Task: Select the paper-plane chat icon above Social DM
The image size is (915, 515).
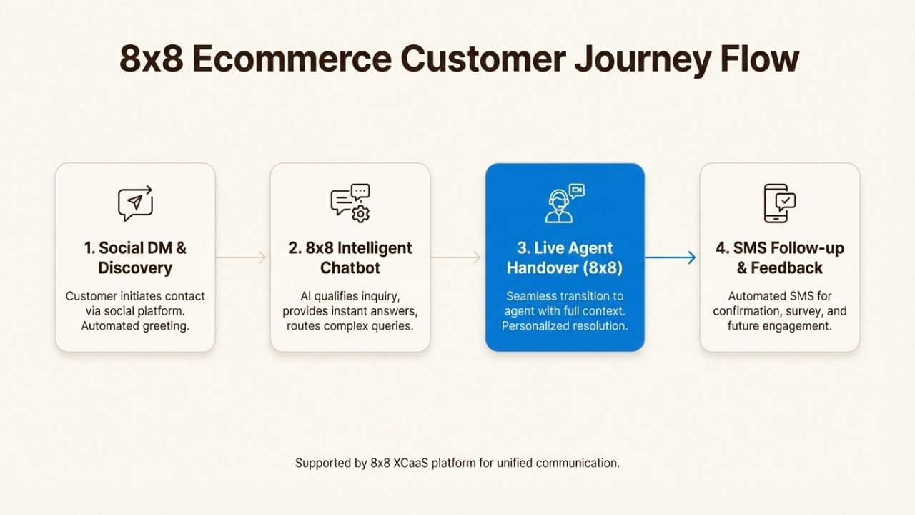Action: [x=135, y=203]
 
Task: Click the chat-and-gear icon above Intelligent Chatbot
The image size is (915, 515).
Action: [x=350, y=203]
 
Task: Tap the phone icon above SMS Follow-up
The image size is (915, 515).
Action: [x=779, y=203]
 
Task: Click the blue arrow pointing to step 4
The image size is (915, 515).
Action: [x=671, y=257]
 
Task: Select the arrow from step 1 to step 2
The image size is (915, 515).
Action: [x=242, y=257]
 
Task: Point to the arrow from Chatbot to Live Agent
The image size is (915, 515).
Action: [x=456, y=257]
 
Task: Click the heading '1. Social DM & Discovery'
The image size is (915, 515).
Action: [x=135, y=258]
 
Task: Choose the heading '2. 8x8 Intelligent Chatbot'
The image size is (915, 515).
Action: [x=350, y=258]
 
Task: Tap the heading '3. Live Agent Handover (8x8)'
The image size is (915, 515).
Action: [x=565, y=258]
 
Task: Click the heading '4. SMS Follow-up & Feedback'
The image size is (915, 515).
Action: [x=780, y=258]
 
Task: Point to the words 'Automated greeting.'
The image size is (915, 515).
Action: [x=135, y=326]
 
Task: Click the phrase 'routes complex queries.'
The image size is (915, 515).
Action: [x=350, y=326]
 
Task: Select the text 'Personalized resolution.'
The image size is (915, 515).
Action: [x=565, y=326]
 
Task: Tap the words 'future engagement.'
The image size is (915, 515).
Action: [x=780, y=326]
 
